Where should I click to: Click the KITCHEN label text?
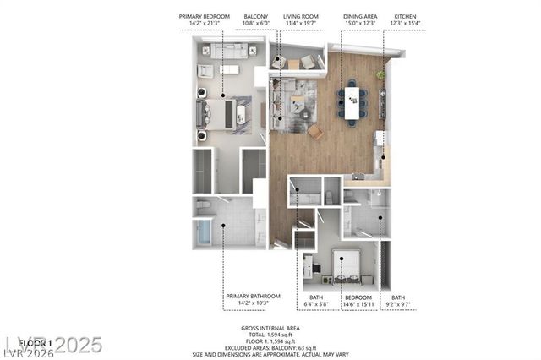pyautogui.click(x=405, y=16)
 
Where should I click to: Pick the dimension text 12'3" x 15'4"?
pyautogui.click(x=405, y=24)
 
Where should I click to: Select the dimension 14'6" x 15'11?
pyautogui.click(x=358, y=303)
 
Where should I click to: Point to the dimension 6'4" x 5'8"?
pyautogui.click(x=317, y=303)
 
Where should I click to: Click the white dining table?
pyautogui.click(x=352, y=101)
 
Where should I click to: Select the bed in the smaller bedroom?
pyautogui.click(x=346, y=265)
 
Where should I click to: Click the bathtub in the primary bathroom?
pyautogui.click(x=205, y=232)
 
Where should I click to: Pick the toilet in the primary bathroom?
pyautogui.click(x=203, y=205)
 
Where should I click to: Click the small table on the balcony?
pyautogui.click(x=293, y=63)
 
